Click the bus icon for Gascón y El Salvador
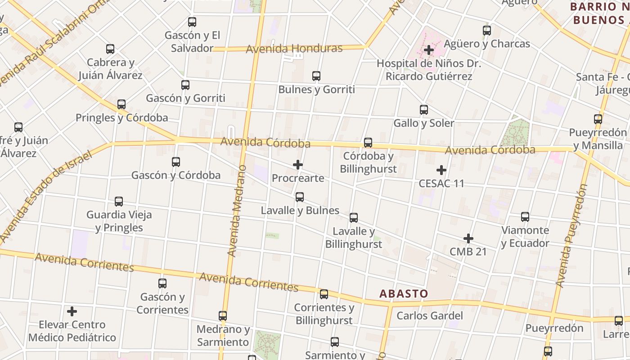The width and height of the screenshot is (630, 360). (192, 22)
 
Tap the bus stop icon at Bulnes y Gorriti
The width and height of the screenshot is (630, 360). (316, 76)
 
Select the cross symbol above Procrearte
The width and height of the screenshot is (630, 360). (298, 165)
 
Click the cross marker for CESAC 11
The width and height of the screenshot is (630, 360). (441, 170)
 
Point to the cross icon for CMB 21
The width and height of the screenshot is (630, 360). (468, 238)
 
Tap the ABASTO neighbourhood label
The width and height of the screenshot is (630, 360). (404, 294)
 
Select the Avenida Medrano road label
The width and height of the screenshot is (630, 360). (237, 211)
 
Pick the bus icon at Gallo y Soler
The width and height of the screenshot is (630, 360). (424, 109)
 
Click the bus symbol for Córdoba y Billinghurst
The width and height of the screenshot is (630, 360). (368, 143)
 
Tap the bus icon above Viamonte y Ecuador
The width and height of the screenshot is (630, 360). (525, 217)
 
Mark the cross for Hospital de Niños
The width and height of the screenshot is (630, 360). (429, 49)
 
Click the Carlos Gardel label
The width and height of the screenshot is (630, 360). (429, 315)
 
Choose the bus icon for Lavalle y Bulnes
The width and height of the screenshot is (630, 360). (300, 197)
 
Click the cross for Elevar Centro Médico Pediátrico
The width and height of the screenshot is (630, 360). (72, 311)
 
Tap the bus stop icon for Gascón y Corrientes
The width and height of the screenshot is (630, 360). (162, 283)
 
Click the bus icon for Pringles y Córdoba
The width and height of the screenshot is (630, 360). (121, 104)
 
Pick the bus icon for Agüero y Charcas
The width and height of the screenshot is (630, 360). (487, 31)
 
